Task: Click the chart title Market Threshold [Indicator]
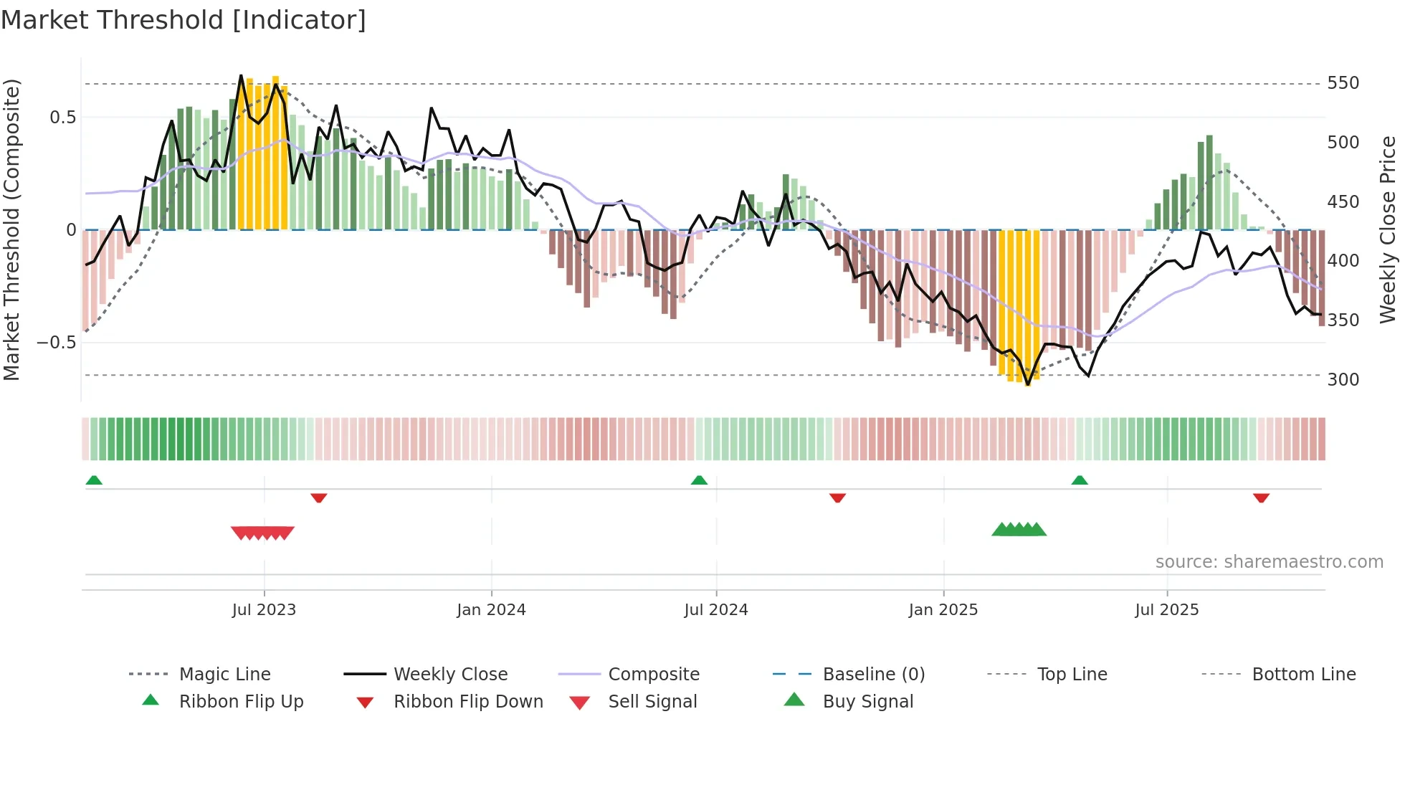[x=184, y=20]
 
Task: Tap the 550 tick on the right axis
[x=1343, y=83]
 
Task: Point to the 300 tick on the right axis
[x=1343, y=379]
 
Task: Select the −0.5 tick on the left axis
[x=57, y=342]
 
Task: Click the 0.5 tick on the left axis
[x=62, y=117]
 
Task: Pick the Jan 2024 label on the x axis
[x=491, y=609]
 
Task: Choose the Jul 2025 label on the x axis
[x=1166, y=609]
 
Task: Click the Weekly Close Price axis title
[x=1388, y=229]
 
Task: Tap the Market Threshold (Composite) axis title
[x=11, y=229]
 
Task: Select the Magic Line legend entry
[x=224, y=674]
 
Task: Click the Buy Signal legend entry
[x=867, y=701]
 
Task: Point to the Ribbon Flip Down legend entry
[x=468, y=701]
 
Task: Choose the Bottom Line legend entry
[x=1303, y=674]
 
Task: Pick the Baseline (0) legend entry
[x=873, y=674]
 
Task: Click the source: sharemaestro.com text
[x=1269, y=561]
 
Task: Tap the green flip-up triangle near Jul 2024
[x=699, y=480]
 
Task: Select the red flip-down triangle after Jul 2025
[x=1261, y=498]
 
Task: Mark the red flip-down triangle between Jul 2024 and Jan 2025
[x=837, y=498]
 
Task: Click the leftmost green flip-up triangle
[x=94, y=480]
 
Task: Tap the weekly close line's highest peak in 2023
[x=241, y=75]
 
